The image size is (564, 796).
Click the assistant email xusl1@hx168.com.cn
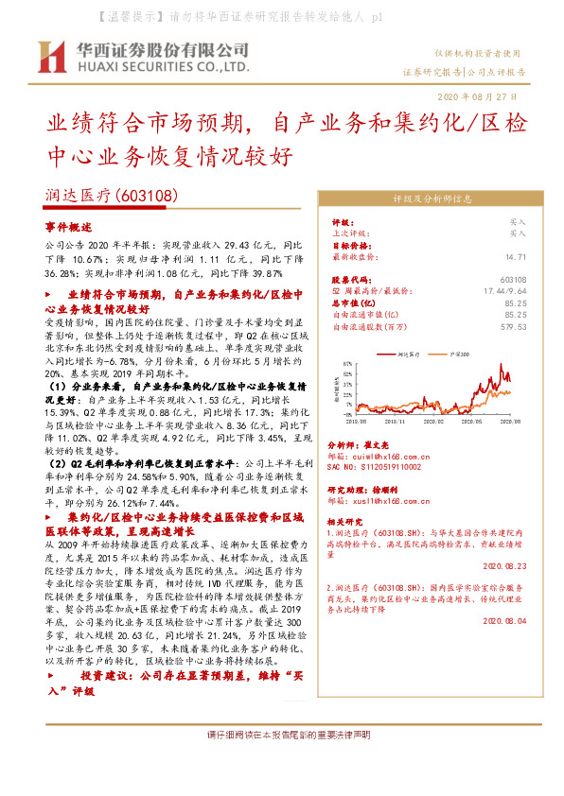pos(379,501)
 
